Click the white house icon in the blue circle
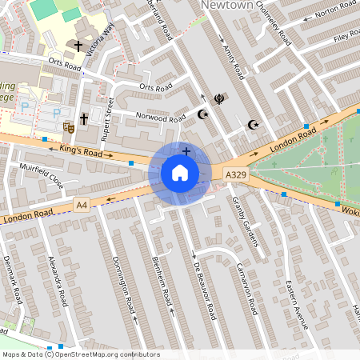pyautogui.click(x=180, y=173)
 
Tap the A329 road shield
pyautogui.click(x=236, y=174)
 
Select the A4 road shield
pyautogui.click(x=81, y=206)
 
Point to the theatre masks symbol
pyautogui.click(x=68, y=126)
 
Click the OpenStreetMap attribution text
pyautogui.click(x=80, y=354)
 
